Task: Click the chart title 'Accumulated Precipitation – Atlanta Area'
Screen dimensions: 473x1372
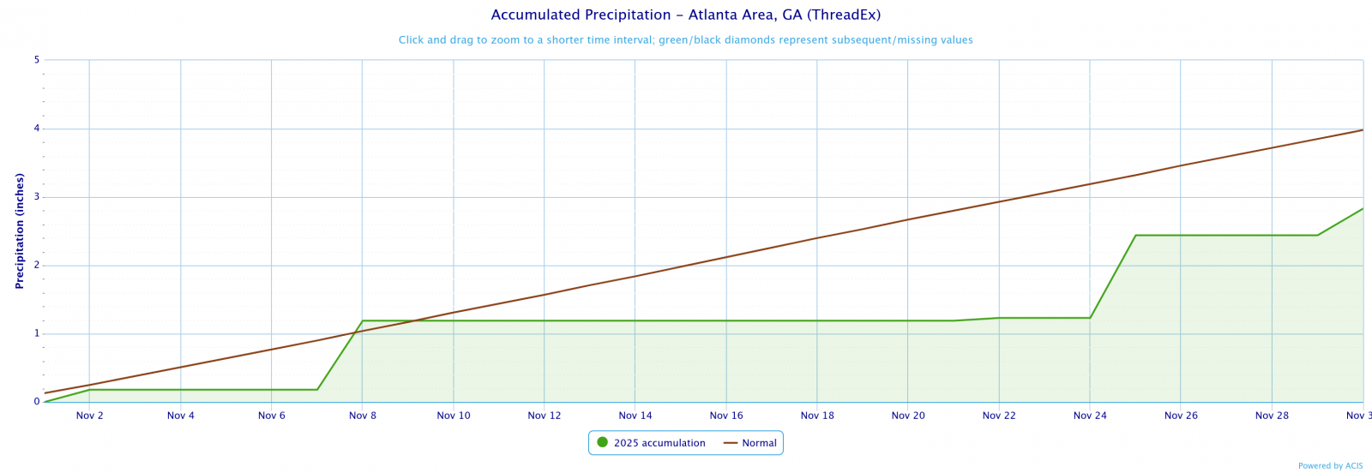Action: (685, 15)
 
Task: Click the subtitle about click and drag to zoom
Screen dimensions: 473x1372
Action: (685, 40)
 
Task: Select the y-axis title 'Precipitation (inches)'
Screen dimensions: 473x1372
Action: (20, 231)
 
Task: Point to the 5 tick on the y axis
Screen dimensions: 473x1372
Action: (37, 60)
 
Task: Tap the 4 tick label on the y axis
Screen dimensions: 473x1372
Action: (37, 129)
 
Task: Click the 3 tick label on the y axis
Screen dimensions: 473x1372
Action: (37, 197)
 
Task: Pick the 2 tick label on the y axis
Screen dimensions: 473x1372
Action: (37, 265)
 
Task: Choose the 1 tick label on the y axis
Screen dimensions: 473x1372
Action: (37, 333)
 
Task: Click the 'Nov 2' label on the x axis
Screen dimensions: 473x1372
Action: (90, 416)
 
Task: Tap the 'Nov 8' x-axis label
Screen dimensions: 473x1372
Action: (363, 416)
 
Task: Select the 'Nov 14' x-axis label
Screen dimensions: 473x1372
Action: (635, 416)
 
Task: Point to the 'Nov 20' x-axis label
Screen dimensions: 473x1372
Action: (908, 416)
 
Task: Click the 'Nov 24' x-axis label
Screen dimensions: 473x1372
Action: (1090, 416)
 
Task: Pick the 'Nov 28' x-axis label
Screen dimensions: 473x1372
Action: (1272, 416)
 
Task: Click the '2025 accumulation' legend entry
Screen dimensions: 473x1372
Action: (659, 443)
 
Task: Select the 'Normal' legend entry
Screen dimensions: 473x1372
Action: (759, 443)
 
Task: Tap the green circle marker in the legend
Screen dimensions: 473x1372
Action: (602, 442)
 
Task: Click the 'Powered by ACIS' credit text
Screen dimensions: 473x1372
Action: (1330, 466)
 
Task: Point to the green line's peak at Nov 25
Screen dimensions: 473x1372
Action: (1135, 235)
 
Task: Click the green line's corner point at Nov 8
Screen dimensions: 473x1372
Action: (363, 320)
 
